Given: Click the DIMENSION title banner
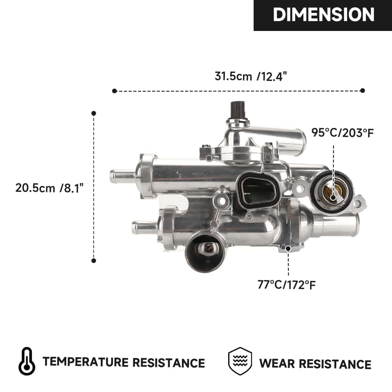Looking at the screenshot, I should [323, 15].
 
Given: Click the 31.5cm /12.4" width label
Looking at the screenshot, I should [251, 76].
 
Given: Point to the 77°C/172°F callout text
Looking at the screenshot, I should [287, 284].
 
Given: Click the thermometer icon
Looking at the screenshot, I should [27, 361].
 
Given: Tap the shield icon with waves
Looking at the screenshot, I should [240, 361].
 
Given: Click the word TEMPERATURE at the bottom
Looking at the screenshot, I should [85, 362].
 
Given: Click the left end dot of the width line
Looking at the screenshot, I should [114, 91].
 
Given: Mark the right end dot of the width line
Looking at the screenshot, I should [363, 91].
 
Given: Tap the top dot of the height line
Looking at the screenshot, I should [94, 113].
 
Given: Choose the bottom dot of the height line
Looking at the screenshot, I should [94, 260].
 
